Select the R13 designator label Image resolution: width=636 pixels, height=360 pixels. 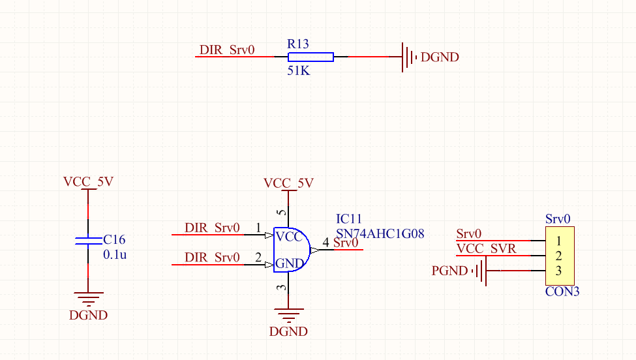297,44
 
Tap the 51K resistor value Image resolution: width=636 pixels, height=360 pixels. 298,70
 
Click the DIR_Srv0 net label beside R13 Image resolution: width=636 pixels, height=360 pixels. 226,50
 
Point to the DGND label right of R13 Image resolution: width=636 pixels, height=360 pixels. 440,57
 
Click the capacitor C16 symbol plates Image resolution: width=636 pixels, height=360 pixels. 88,241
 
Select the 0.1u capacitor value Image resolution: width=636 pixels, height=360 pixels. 115,254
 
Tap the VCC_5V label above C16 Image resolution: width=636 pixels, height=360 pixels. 88,182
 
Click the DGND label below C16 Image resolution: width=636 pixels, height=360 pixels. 88,316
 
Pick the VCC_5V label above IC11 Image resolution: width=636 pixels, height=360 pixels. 288,183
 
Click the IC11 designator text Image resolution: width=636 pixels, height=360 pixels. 348,218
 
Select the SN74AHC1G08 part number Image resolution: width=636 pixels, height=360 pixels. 380,232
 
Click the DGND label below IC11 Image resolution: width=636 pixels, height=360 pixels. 288,331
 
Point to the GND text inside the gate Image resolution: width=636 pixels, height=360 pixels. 288,263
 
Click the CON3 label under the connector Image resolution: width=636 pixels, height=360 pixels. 562,291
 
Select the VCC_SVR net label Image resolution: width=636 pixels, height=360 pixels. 486,248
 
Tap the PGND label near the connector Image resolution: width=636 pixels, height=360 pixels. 449,271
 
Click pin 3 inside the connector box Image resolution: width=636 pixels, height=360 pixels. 558,271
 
